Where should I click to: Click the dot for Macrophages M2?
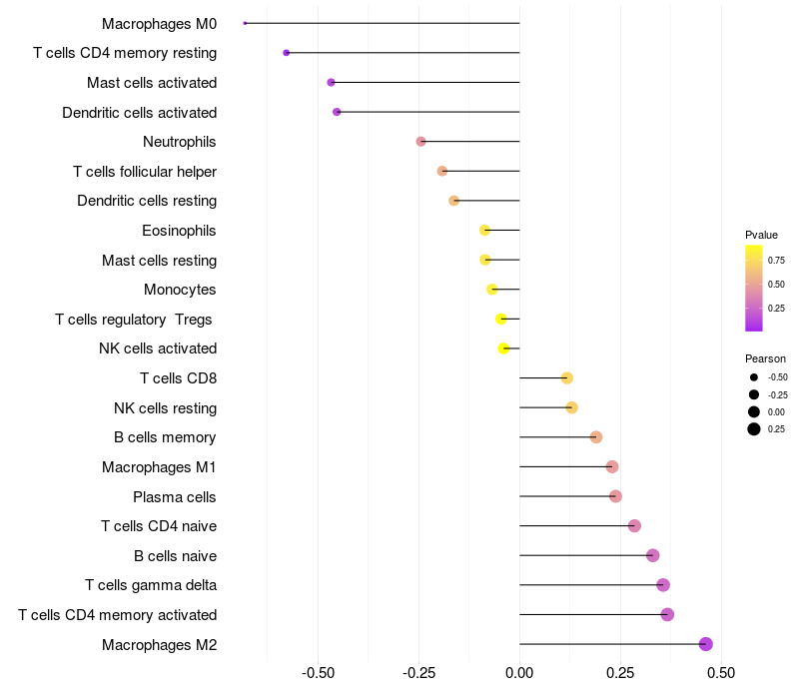click(706, 644)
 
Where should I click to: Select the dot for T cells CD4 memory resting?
click(287, 53)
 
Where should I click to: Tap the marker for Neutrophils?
click(420, 142)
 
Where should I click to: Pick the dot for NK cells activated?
click(504, 349)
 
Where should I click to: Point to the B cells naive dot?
click(653, 555)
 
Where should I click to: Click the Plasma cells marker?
click(615, 496)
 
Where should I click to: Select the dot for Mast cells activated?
click(331, 82)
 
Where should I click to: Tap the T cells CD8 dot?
click(566, 378)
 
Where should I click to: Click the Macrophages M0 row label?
click(159, 23)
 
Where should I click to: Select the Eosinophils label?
click(179, 231)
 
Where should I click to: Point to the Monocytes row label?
click(180, 290)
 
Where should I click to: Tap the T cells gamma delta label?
click(151, 585)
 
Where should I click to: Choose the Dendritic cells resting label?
click(147, 201)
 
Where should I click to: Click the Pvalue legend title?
click(761, 235)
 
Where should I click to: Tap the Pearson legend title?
click(765, 358)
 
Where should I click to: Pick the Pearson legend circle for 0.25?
click(754, 429)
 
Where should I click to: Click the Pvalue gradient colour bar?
click(754, 288)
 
